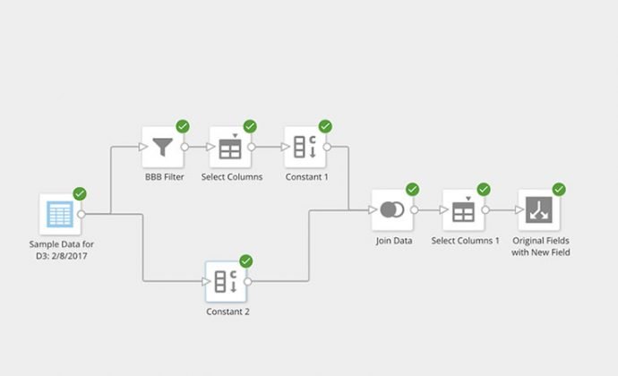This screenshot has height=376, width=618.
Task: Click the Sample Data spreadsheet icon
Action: coord(60,214)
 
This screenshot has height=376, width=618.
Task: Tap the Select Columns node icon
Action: coord(230,146)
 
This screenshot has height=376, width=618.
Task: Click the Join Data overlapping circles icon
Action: coord(392,210)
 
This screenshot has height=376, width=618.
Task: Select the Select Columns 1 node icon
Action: coord(463,210)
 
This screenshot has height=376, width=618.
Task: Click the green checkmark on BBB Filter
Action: coord(183,126)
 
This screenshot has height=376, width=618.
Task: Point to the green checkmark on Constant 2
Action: coord(246,261)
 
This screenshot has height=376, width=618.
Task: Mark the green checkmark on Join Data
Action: coord(413,190)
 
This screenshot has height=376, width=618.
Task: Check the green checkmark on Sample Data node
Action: coord(80,193)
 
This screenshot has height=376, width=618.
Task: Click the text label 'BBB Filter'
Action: coord(162,177)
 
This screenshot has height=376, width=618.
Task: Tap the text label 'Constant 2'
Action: coord(227,312)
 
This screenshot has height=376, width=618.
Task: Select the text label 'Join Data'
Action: coord(393,241)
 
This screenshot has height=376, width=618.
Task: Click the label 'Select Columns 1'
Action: coord(465,241)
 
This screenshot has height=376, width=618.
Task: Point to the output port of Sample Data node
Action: coord(82,214)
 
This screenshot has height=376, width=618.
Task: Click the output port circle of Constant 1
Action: coord(328,147)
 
